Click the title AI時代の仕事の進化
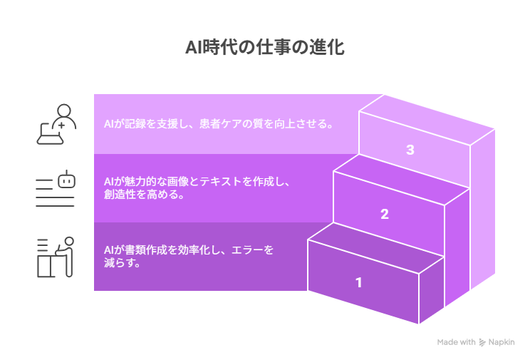[265, 47]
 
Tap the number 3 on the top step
[410, 150]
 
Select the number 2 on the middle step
[385, 214]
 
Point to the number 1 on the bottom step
[359, 282]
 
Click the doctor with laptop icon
[56, 124]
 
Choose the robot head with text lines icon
[55, 188]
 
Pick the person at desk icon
[55, 257]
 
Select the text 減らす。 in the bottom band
[122, 263]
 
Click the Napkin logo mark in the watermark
[482, 342]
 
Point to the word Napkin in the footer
[502, 342]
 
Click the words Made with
[457, 342]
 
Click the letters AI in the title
[194, 47]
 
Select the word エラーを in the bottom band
[252, 250]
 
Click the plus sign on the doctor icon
[61, 125]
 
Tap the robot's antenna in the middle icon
[66, 173]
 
